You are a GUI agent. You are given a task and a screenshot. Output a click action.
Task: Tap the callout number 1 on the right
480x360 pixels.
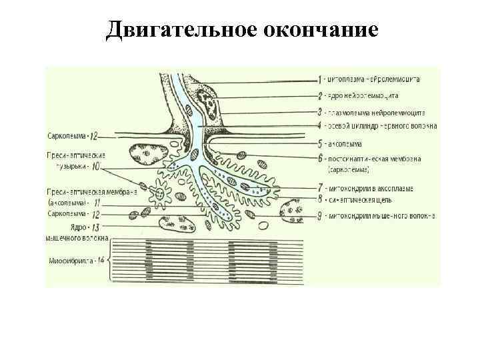(x=320, y=80)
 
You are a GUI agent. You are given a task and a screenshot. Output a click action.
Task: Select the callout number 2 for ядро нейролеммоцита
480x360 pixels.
(x=320, y=96)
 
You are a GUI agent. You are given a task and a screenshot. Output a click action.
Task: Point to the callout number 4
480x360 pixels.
(x=320, y=125)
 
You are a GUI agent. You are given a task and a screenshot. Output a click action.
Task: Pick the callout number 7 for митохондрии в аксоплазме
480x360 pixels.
(x=320, y=189)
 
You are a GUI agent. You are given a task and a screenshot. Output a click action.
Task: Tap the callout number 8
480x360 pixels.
(x=320, y=199)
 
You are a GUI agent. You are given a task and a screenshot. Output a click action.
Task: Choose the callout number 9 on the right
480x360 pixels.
(x=320, y=215)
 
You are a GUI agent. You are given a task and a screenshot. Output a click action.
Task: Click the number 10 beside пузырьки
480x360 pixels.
(x=97, y=165)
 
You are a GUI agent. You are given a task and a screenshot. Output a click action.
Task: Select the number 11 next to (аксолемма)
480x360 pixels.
(x=97, y=202)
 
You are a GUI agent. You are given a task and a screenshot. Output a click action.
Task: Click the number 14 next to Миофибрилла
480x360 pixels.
(x=99, y=259)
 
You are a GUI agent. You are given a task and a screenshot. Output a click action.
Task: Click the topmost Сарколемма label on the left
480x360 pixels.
(x=65, y=136)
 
